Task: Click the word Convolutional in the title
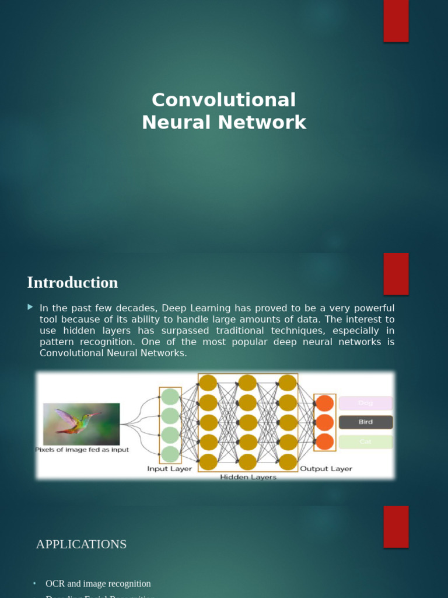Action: (x=223, y=100)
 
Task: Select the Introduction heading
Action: (x=72, y=283)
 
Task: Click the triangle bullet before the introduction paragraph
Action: (x=30, y=307)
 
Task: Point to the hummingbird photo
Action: (x=81, y=424)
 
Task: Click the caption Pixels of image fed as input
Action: (x=82, y=450)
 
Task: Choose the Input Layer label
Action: (x=169, y=469)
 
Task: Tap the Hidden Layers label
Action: (x=248, y=477)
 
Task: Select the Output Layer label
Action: (x=325, y=469)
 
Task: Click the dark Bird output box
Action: (x=366, y=422)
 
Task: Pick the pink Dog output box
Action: (x=366, y=403)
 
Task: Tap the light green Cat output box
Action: (x=366, y=442)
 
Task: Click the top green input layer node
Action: (x=170, y=397)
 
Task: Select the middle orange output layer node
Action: (x=324, y=422)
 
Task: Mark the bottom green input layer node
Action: (x=170, y=454)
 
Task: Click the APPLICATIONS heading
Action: (x=81, y=544)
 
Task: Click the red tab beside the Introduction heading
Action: (x=396, y=274)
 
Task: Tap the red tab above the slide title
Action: (x=396, y=21)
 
